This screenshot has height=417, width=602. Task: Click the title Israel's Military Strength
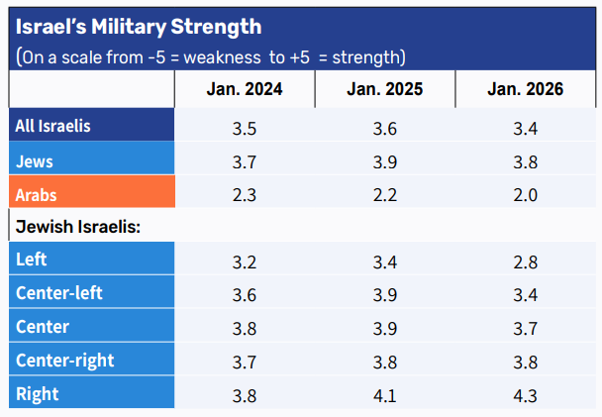click(x=139, y=26)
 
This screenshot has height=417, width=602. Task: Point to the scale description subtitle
click(x=210, y=56)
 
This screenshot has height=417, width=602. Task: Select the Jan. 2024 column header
click(x=245, y=89)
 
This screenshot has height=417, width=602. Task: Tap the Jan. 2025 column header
click(x=385, y=89)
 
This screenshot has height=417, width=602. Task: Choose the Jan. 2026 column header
click(x=526, y=89)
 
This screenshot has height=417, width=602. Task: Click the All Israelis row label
click(x=53, y=127)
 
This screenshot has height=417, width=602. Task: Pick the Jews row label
click(x=35, y=160)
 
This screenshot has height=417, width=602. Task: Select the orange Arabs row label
click(x=37, y=194)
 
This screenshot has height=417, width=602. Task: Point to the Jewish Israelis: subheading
click(x=78, y=227)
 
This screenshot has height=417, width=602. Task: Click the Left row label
click(x=32, y=261)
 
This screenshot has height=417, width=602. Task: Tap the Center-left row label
click(x=59, y=293)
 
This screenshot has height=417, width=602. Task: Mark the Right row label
click(x=37, y=394)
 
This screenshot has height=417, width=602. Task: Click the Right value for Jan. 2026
click(x=526, y=394)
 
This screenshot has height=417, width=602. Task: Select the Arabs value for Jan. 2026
click(x=526, y=194)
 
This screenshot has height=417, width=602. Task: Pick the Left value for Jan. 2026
click(x=526, y=261)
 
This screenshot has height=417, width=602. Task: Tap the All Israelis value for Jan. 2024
click(x=245, y=128)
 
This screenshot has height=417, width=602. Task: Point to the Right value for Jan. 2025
click(x=385, y=394)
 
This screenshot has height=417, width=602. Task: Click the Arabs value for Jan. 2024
click(x=245, y=194)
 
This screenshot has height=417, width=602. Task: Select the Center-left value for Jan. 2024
click(x=245, y=294)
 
